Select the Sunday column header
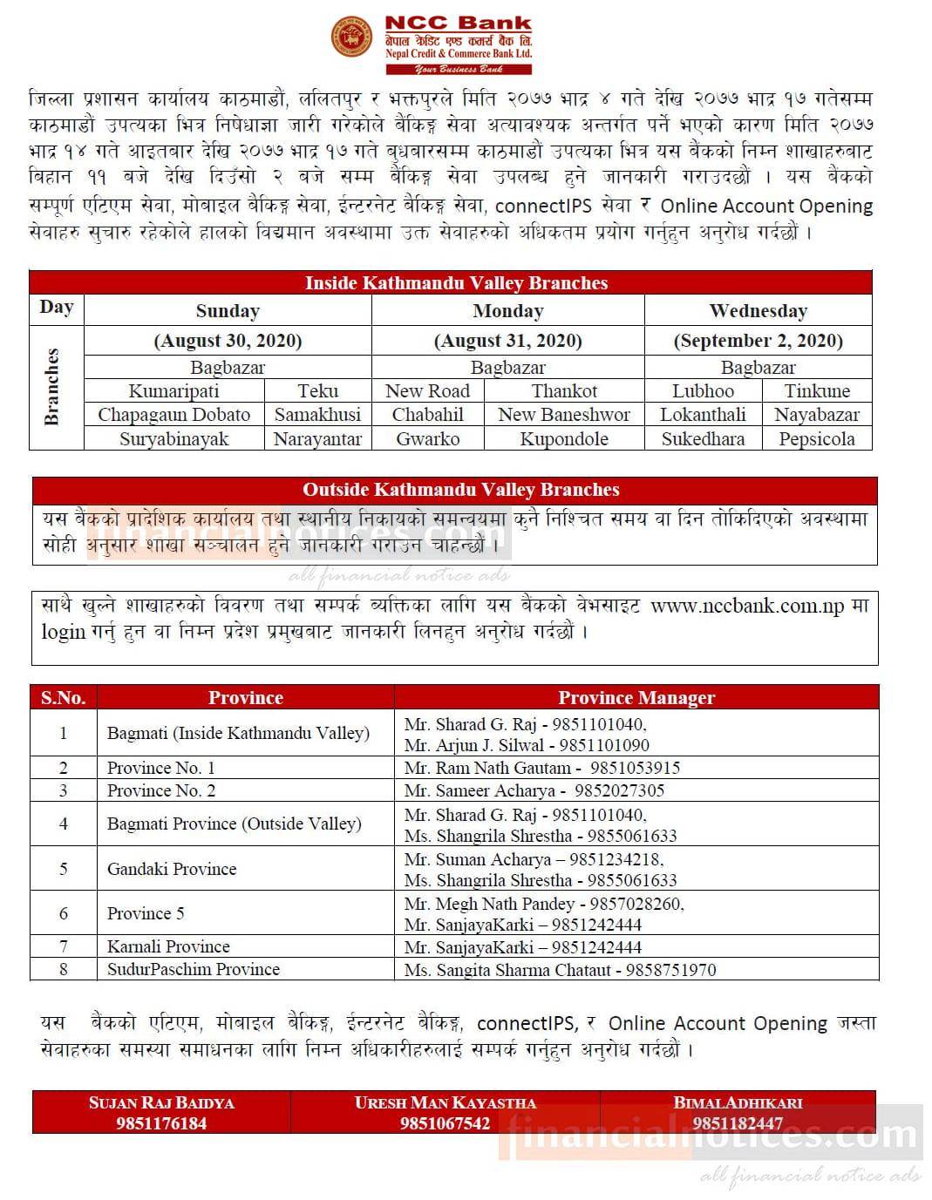point(228,311)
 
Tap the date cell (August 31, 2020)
point(507,341)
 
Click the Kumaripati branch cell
point(173,391)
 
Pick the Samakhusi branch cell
point(317,415)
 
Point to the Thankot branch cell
point(564,391)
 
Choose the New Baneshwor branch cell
point(564,415)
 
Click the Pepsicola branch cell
point(816,439)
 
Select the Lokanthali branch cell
point(703,415)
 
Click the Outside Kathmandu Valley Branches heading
point(460,490)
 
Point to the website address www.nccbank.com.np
point(747,606)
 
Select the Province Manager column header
point(636,697)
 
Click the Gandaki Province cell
point(172,869)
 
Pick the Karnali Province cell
point(168,946)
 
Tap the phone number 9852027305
point(627,790)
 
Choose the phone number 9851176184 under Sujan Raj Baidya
point(161,1123)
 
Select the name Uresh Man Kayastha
point(445,1102)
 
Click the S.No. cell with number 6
point(63,913)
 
